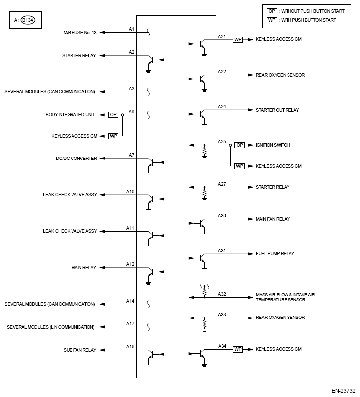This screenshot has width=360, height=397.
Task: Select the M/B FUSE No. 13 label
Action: (x=78, y=33)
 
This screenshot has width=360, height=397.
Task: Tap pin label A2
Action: (x=132, y=52)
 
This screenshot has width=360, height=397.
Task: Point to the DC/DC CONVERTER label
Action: (x=76, y=159)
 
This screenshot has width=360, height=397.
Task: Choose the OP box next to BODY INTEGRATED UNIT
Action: (x=113, y=114)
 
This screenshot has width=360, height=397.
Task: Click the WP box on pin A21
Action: (x=238, y=39)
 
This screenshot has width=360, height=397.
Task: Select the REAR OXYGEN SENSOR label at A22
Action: (x=280, y=75)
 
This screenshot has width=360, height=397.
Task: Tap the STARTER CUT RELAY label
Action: (x=277, y=110)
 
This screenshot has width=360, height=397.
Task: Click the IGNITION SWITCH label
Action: (x=273, y=145)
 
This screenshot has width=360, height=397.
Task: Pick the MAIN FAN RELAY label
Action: (x=273, y=219)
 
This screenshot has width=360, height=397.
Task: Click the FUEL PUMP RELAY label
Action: (x=275, y=253)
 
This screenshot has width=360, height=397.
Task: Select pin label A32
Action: (x=222, y=294)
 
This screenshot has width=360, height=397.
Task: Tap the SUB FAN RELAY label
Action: (x=80, y=350)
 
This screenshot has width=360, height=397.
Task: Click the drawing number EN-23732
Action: (x=344, y=391)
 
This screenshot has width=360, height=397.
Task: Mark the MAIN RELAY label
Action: (x=83, y=267)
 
